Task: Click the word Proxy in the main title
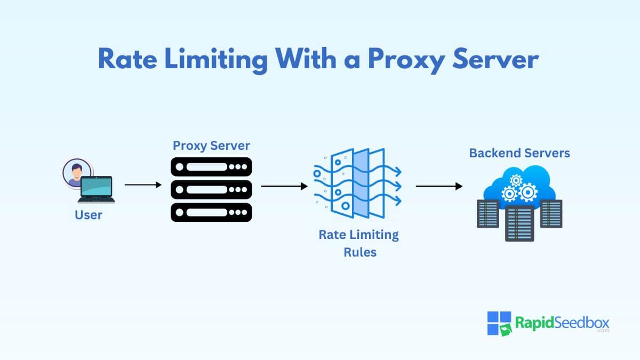406,60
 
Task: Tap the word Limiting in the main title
217,60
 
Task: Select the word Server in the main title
495,59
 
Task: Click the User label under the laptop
89,215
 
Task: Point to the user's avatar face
77,172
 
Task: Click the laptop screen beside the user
97,186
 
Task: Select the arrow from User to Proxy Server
143,185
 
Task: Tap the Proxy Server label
211,146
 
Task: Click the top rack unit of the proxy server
211,167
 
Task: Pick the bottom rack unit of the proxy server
211,212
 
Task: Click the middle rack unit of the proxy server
211,189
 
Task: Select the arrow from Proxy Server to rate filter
284,186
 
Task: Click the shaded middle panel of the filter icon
361,183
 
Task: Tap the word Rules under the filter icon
360,252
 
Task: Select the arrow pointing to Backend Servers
439,186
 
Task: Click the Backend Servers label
519,153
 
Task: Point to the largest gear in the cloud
527,193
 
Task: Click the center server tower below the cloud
519,223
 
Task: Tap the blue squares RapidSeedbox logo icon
499,323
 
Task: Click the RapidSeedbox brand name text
562,323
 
